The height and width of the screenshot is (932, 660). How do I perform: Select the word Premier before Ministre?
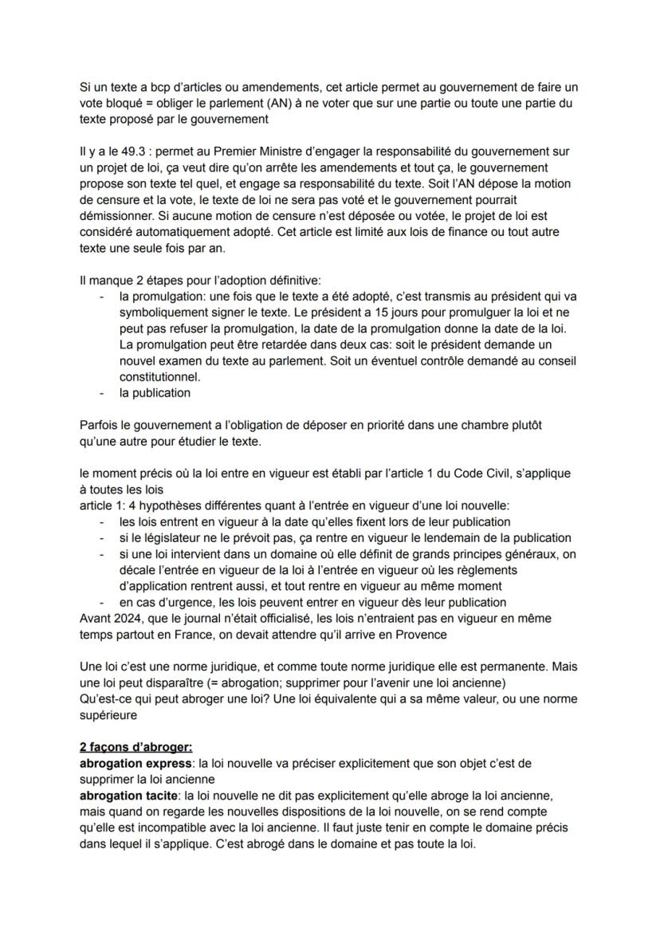[236, 151]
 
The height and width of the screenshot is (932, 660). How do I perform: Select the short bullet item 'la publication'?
[155, 392]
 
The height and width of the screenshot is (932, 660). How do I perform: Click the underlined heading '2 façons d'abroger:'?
[136, 747]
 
